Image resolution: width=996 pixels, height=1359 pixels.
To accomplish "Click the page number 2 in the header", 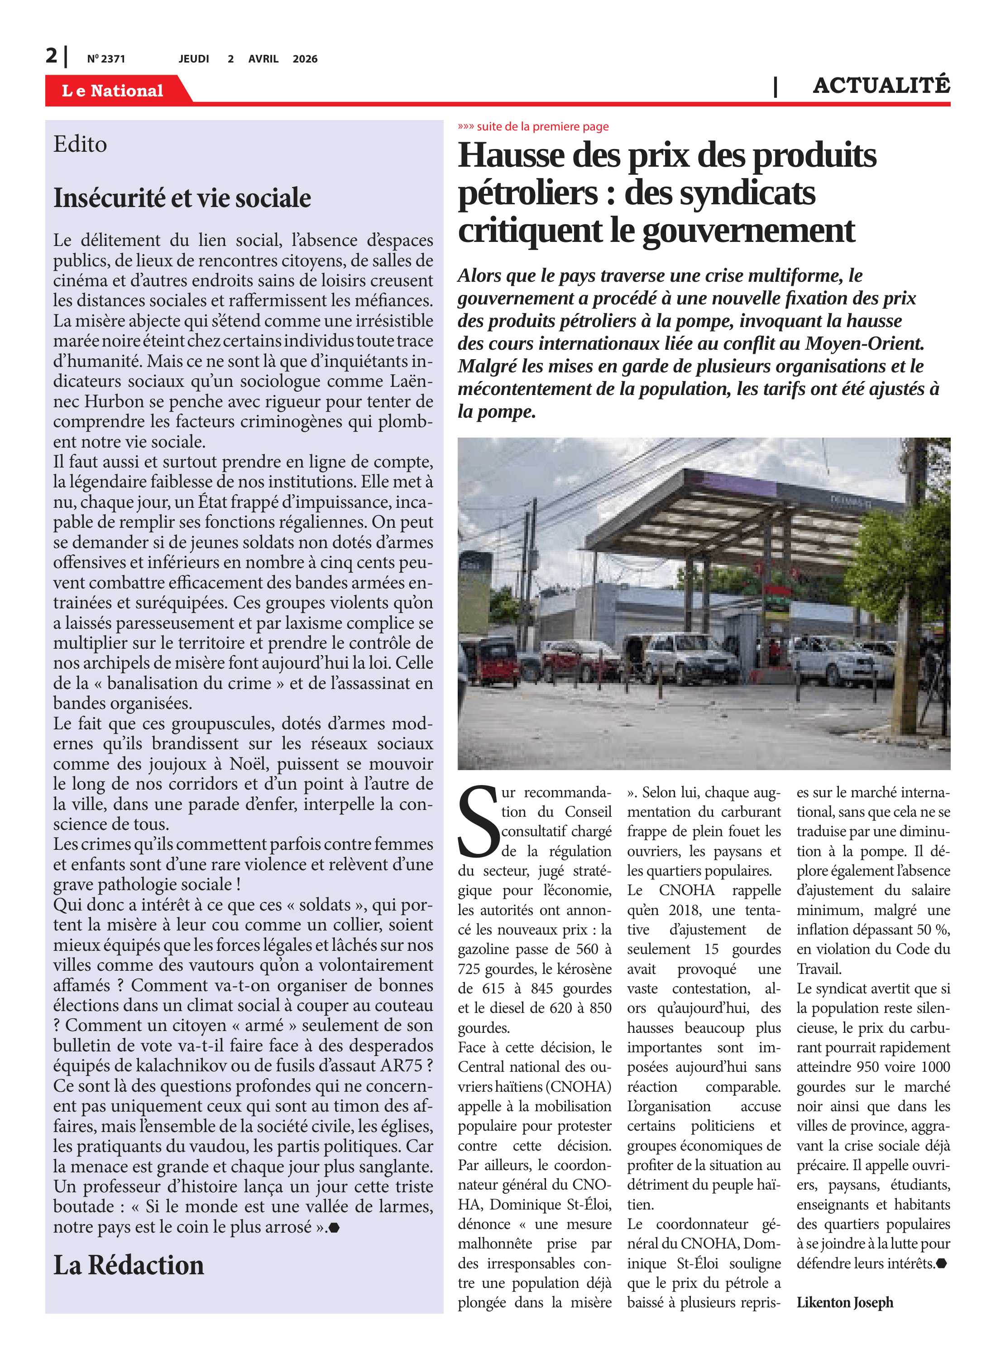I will tap(51, 56).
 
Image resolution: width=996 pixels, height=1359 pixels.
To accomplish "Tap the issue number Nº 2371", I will tap(106, 59).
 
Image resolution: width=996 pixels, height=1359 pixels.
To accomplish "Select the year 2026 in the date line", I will tap(305, 59).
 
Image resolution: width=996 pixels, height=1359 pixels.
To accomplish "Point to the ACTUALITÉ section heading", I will tap(881, 86).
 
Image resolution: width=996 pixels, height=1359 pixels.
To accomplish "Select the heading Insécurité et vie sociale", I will tap(182, 198).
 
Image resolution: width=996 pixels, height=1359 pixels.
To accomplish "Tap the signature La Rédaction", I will tap(129, 1265).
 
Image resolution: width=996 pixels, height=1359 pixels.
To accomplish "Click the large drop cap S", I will tap(479, 822).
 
